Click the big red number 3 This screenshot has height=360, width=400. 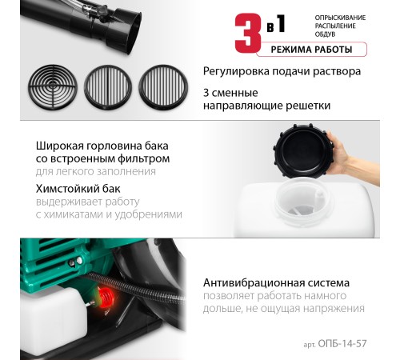248,33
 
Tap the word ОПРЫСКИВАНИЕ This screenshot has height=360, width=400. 340,18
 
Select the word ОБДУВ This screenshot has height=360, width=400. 325,34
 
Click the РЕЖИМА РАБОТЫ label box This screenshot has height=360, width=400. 311,50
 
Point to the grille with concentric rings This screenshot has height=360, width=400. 53,87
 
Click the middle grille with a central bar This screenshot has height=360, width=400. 108,87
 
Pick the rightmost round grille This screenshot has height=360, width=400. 163,87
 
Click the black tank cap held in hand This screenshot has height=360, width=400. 303,150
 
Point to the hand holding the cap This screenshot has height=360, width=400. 352,158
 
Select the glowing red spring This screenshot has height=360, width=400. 106,298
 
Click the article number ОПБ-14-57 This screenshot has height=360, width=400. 342,344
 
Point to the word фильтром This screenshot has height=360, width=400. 143,159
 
